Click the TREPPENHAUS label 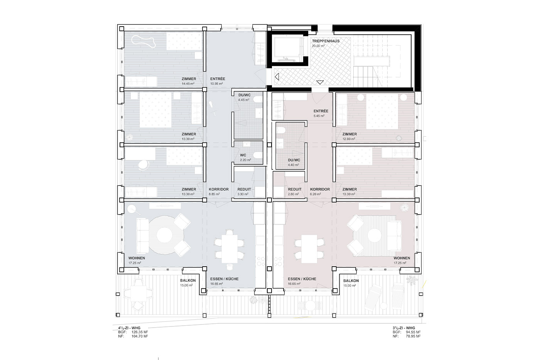coord(326,41)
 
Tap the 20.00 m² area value coord(318,46)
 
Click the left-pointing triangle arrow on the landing coord(277,77)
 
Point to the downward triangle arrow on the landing coord(320,82)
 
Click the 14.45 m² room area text coord(188,84)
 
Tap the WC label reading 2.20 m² coord(245,157)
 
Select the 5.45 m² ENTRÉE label coord(321,113)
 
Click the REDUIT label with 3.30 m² coord(244,192)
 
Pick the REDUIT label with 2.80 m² coord(295,192)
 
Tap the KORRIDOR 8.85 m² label coord(219,192)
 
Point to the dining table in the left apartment coord(229,249)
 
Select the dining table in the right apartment coord(309,249)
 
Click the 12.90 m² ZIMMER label coord(349,137)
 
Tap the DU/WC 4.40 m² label coord(294,162)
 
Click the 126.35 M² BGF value coord(140,332)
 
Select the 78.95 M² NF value coord(413,336)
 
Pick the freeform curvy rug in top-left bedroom coord(143,42)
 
